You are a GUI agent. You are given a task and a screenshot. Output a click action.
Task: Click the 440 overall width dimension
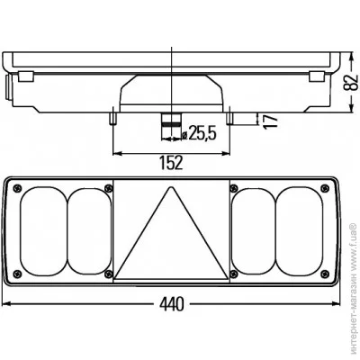click(171, 305)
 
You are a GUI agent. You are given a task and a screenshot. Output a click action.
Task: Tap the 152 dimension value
click(171, 163)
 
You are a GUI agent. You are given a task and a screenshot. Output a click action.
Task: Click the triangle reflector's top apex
click(171, 187)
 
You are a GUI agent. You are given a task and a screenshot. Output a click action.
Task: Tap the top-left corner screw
click(18, 188)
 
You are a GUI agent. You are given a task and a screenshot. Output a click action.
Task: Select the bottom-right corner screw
click(325, 274)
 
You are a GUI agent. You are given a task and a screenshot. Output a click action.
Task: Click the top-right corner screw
click(325, 188)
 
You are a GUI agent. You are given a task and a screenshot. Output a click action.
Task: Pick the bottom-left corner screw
click(18, 274)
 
